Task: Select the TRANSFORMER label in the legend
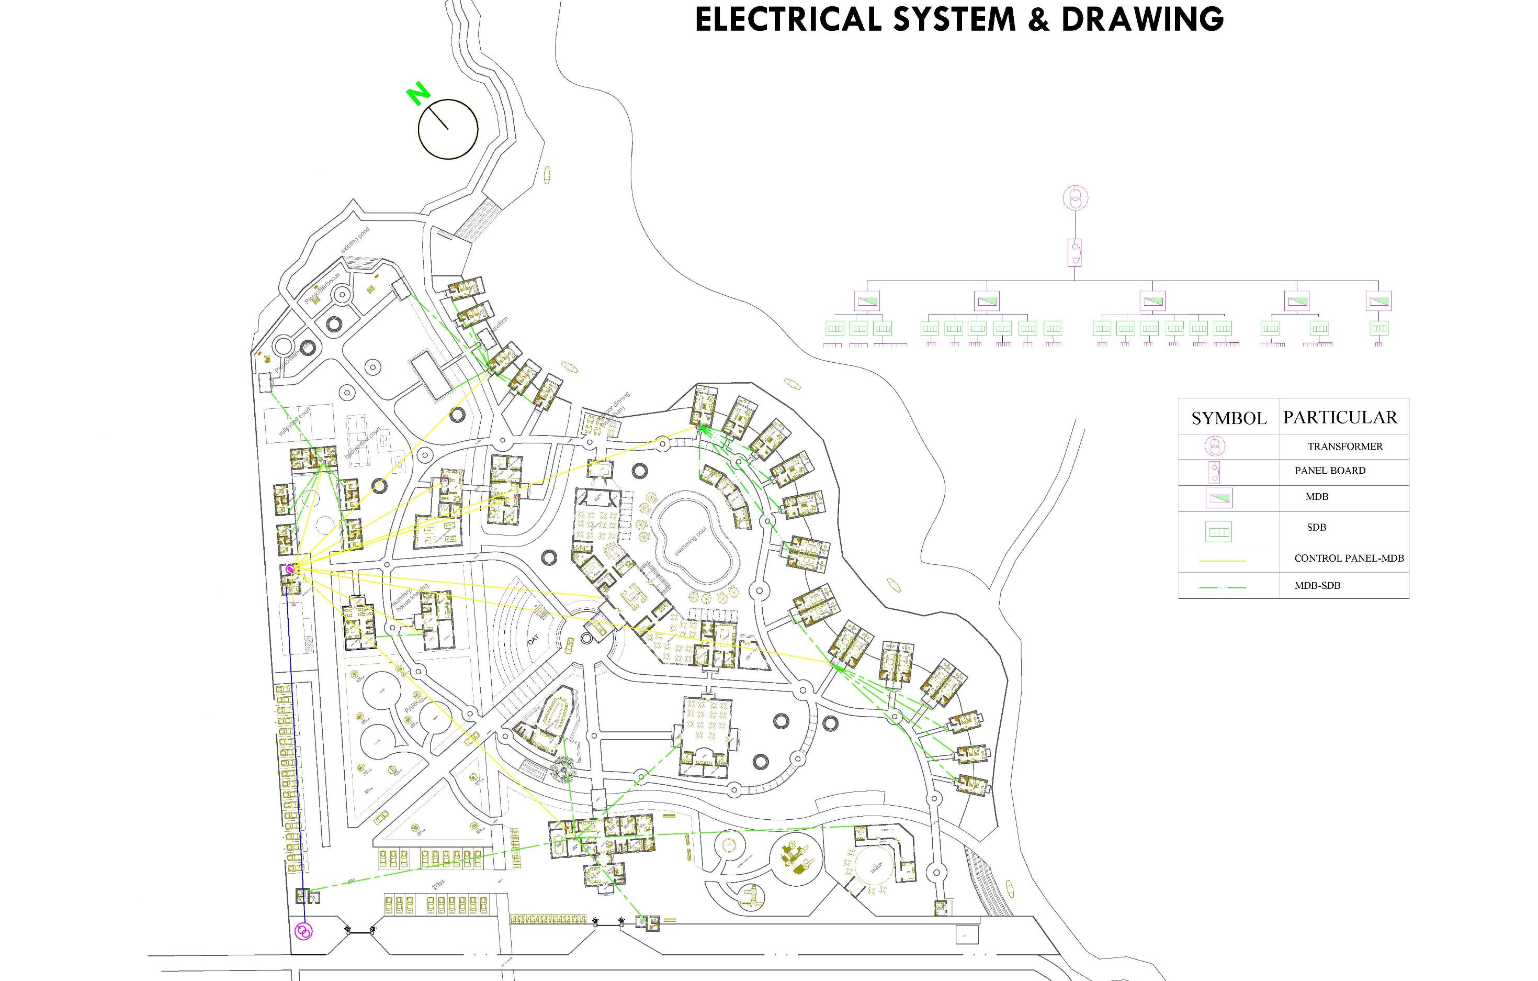tap(1344, 447)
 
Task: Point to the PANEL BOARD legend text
tap(1330, 471)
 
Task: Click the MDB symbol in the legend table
tap(1219, 497)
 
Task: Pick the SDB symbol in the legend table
tap(1218, 532)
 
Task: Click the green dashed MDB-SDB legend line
tap(1223, 587)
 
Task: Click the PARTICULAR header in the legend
tap(1340, 418)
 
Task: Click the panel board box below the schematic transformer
tap(1076, 252)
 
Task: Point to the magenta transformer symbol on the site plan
tap(304, 931)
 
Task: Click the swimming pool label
tap(691, 541)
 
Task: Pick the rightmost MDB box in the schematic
tap(1378, 300)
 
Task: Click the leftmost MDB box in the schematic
tap(867, 300)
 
